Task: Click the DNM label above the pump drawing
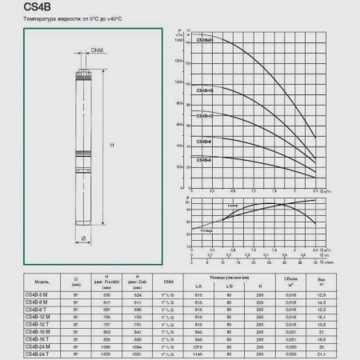click(96, 50)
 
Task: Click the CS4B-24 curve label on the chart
click(205, 38)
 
